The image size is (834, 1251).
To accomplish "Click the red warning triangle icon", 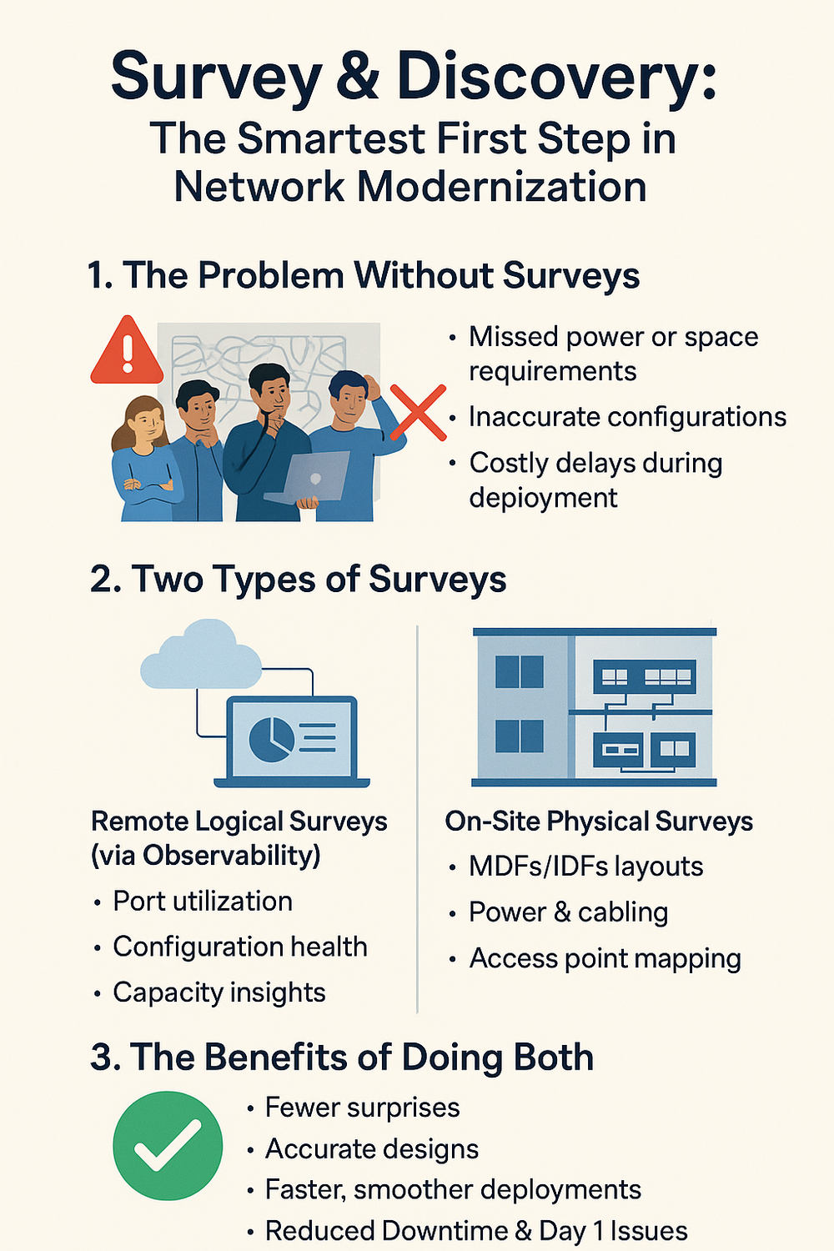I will point(127,353).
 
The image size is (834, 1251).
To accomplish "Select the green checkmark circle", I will point(168,1145).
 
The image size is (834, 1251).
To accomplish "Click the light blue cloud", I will point(201,656).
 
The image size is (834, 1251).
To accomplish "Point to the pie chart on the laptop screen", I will point(272,737).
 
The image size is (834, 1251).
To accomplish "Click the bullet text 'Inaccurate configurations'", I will point(627,416).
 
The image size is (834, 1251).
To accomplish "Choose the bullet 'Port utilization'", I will point(203,901).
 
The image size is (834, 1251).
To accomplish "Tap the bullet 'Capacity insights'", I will point(219,992).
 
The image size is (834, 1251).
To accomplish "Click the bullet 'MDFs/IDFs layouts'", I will point(585,867).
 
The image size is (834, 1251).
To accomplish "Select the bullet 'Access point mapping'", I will point(605,958).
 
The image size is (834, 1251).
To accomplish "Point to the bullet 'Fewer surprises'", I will point(362,1108).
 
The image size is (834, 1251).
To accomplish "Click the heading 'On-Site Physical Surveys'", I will point(599,821).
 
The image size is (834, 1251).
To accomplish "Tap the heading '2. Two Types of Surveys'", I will point(298,579).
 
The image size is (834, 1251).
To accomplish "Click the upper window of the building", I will point(519,671).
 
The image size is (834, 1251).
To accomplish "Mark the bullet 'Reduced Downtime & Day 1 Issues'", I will point(475,1231).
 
